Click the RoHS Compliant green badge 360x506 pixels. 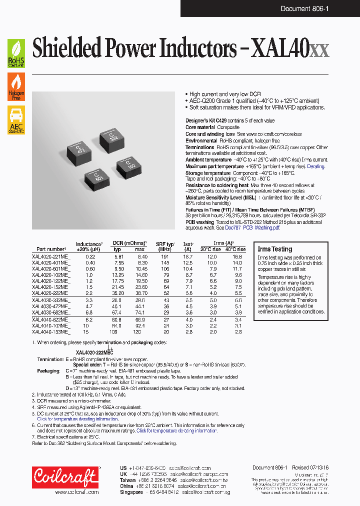[x=16, y=53]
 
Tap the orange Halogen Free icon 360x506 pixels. [x=16, y=87]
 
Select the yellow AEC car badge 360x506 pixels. [x=16, y=121]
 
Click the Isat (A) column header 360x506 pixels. [x=188, y=246]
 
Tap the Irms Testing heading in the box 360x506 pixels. [x=274, y=249]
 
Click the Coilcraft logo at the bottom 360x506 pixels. [x=65, y=477]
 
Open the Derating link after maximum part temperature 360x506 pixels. [x=315, y=166]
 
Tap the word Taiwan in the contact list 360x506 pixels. [x=128, y=479]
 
